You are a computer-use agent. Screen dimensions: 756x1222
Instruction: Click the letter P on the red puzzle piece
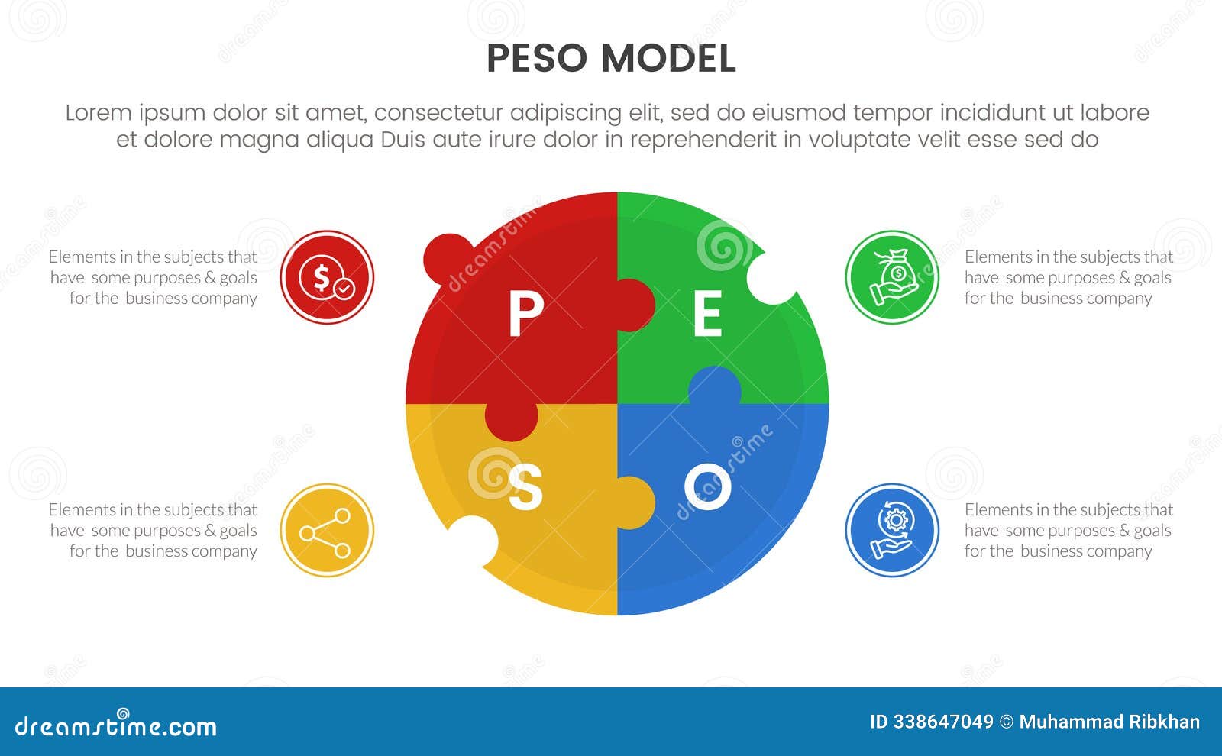525,313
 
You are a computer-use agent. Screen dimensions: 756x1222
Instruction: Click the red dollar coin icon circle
327,277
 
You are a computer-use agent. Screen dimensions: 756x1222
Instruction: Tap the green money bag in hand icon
892,277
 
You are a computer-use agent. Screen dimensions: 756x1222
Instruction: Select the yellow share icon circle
327,530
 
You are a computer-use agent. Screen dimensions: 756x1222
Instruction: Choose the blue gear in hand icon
892,530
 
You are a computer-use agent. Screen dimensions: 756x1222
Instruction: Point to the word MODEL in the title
668,59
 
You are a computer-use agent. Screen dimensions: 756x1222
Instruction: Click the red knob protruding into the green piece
635,305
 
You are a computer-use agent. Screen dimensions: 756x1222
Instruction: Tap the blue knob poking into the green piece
714,386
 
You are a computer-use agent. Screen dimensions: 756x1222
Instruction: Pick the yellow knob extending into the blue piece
635,502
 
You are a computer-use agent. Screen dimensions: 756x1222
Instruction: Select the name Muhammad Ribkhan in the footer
1109,722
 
